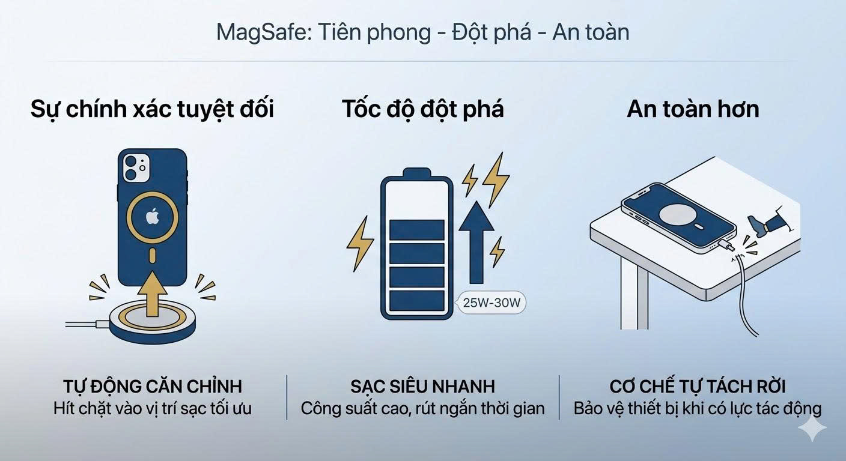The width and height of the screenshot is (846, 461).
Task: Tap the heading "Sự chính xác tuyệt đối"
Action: pyautogui.click(x=152, y=109)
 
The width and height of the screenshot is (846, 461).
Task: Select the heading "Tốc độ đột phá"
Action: pyautogui.click(x=422, y=109)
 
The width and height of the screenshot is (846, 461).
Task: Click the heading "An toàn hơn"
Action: pyautogui.click(x=693, y=109)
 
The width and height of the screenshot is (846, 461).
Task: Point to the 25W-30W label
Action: pyautogui.click(x=491, y=303)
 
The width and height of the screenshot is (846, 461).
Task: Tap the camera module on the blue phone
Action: pyautogui.click(x=138, y=167)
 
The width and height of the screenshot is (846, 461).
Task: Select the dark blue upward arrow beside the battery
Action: pyautogui.click(x=476, y=240)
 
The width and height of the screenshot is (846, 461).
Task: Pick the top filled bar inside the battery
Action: pyautogui.click(x=416, y=229)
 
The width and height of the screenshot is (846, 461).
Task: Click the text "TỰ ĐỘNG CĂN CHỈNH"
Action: pyautogui.click(x=152, y=386)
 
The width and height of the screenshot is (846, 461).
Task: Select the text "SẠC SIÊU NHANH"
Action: pyautogui.click(x=422, y=386)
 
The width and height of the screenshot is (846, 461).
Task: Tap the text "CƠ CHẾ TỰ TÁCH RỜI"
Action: pyautogui.click(x=697, y=386)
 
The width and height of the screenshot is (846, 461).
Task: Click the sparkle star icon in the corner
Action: pyautogui.click(x=812, y=428)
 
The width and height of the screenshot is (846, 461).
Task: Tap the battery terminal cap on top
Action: pyautogui.click(x=416, y=173)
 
